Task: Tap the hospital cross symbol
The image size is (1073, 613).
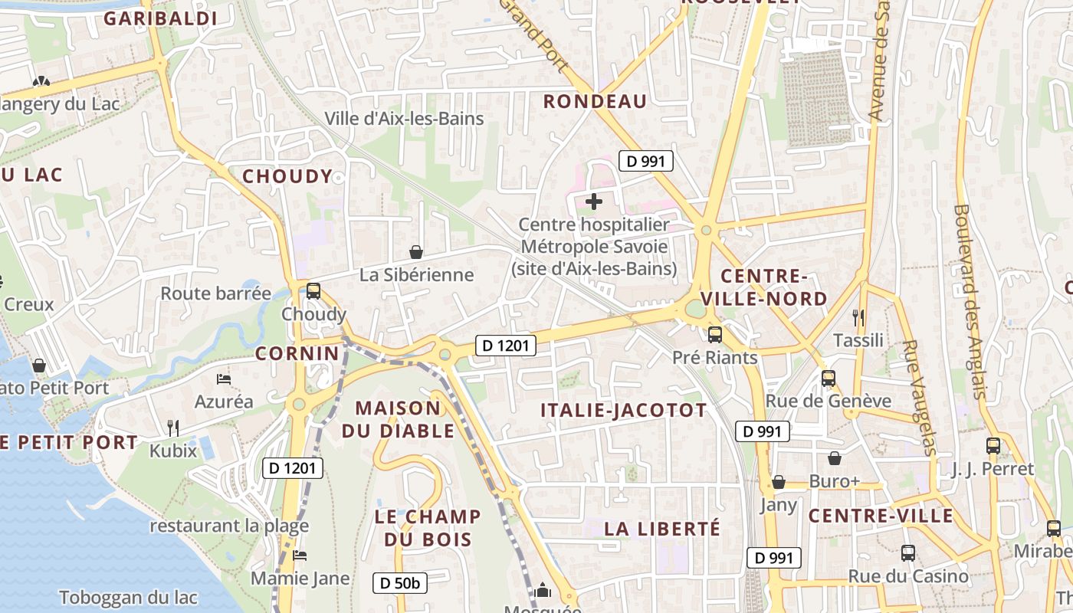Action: (593, 202)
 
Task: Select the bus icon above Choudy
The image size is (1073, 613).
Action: (313, 291)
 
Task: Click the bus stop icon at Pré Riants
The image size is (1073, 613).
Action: (714, 334)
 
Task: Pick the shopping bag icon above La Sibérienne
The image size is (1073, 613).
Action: (415, 251)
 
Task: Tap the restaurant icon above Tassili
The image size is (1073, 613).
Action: (858, 317)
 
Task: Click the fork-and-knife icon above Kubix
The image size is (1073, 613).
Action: (173, 428)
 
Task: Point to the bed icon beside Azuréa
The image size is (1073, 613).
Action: (223, 379)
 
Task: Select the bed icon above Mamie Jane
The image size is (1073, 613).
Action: (300, 556)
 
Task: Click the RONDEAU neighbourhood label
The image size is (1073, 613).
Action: (595, 101)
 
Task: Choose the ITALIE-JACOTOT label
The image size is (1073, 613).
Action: (623, 410)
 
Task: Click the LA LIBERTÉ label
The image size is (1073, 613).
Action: (662, 529)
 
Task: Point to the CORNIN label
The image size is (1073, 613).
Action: (297, 353)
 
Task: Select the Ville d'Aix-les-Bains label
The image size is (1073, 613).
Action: (404, 119)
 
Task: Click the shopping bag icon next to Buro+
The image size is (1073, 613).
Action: (835, 458)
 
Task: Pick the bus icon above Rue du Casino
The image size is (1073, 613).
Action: (907, 552)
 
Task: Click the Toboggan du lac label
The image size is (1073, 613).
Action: (128, 598)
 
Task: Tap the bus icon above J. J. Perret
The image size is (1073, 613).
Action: (993, 445)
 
